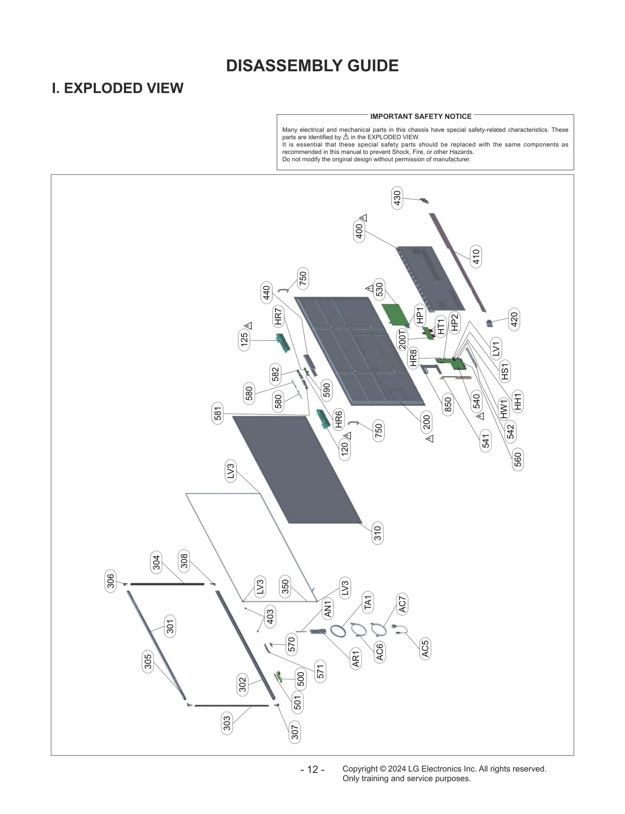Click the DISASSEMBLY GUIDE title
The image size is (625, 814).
[312, 66]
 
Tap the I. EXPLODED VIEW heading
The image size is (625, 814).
[118, 88]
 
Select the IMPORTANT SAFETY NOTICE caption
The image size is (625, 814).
[421, 116]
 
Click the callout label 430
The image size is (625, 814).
[397, 198]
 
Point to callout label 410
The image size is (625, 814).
[476, 257]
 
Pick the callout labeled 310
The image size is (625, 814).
[377, 533]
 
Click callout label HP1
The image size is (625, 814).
[420, 315]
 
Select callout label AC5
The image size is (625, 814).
[425, 648]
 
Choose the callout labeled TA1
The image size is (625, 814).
[368, 602]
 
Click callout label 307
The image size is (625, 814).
[295, 732]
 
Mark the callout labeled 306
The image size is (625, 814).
[111, 581]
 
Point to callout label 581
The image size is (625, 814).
[218, 413]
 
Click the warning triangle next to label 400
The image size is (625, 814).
[364, 218]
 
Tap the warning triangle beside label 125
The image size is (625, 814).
[248, 326]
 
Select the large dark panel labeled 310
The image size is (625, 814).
[297, 469]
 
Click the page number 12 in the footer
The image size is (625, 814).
[312, 769]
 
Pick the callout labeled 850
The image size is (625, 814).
[448, 404]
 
